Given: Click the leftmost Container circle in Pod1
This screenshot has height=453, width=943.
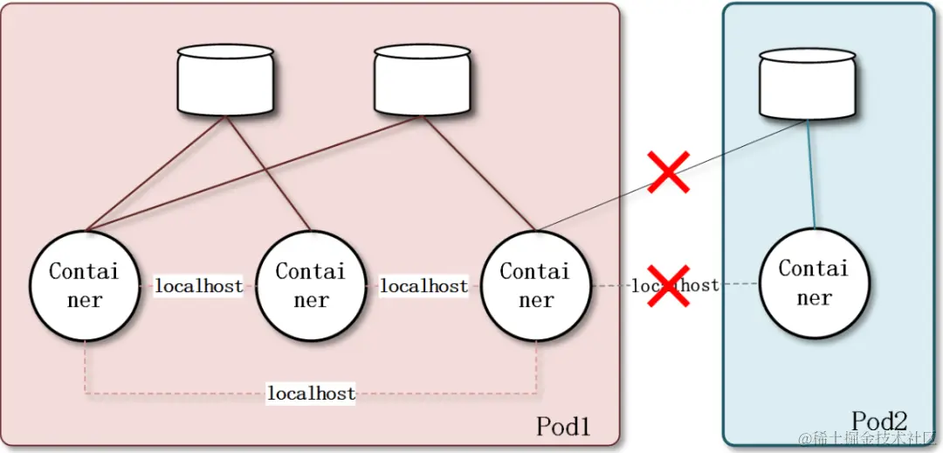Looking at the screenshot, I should [85, 286].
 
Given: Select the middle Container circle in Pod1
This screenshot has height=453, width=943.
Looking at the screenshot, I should [311, 286].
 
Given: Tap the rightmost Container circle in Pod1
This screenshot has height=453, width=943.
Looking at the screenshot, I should [536, 286].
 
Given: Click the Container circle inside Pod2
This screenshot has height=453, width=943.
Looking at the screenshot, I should [814, 282].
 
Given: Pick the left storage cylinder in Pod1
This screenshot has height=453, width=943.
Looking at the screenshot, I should [225, 80].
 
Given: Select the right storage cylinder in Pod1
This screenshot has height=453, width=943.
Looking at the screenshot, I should [423, 80].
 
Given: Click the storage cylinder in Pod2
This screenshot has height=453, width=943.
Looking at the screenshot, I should [807, 83].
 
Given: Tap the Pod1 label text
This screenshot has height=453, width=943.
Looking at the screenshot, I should [563, 427].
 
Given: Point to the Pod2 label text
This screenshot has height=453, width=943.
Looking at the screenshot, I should [879, 421].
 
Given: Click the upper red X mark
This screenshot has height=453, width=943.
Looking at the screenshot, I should [669, 171].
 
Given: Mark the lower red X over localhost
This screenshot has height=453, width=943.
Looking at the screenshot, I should [668, 286].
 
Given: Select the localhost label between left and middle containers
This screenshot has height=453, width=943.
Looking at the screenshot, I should [198, 286].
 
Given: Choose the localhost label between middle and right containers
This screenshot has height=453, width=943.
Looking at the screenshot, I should [423, 286].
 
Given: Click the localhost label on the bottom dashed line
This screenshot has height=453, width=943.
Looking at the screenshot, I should [311, 394].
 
